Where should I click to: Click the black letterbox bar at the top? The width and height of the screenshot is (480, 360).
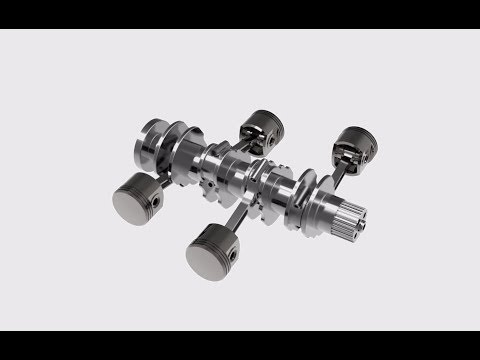point(240,14)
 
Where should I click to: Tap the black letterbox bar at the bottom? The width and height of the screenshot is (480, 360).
point(240,345)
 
